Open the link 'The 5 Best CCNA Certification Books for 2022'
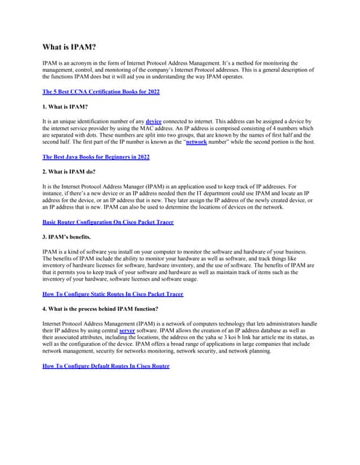click(101, 92)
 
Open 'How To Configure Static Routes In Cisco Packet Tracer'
click(113, 294)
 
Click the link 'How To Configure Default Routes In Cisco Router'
click(106, 365)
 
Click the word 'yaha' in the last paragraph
click(220, 337)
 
